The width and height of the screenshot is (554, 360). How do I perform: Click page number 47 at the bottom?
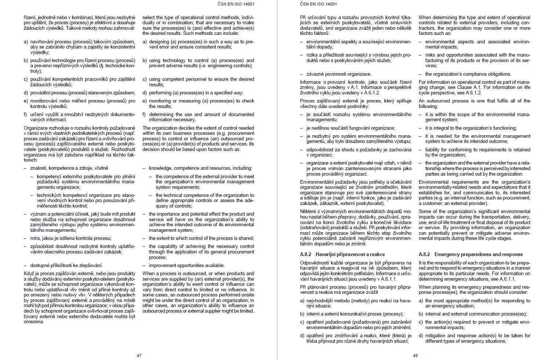click(139, 356)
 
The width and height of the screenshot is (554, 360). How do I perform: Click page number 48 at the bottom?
click(415, 356)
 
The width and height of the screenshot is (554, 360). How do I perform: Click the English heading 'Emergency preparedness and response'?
click(478, 254)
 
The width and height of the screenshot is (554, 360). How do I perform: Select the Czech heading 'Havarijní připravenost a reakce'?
click(350, 254)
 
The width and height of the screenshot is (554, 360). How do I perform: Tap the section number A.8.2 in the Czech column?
click(305, 254)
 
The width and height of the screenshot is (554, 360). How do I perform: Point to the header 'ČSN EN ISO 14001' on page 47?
click(236, 4)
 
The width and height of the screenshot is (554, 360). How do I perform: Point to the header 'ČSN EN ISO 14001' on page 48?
click(318, 4)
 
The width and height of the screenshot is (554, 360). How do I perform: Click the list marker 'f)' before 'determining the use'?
click(145, 115)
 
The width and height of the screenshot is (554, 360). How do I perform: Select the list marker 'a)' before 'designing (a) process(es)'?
click(145, 42)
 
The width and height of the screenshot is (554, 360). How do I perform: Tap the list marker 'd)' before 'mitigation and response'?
click(421, 336)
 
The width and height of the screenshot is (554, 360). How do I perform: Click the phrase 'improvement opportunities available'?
click(187, 266)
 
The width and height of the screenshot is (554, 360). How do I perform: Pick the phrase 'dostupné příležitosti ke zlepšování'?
click(66, 266)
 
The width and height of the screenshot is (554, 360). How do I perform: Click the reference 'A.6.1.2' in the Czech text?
click(371, 93)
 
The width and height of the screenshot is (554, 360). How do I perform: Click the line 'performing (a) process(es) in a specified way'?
click(196, 93)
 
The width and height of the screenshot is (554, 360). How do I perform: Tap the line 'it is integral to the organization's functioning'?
click(471, 128)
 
